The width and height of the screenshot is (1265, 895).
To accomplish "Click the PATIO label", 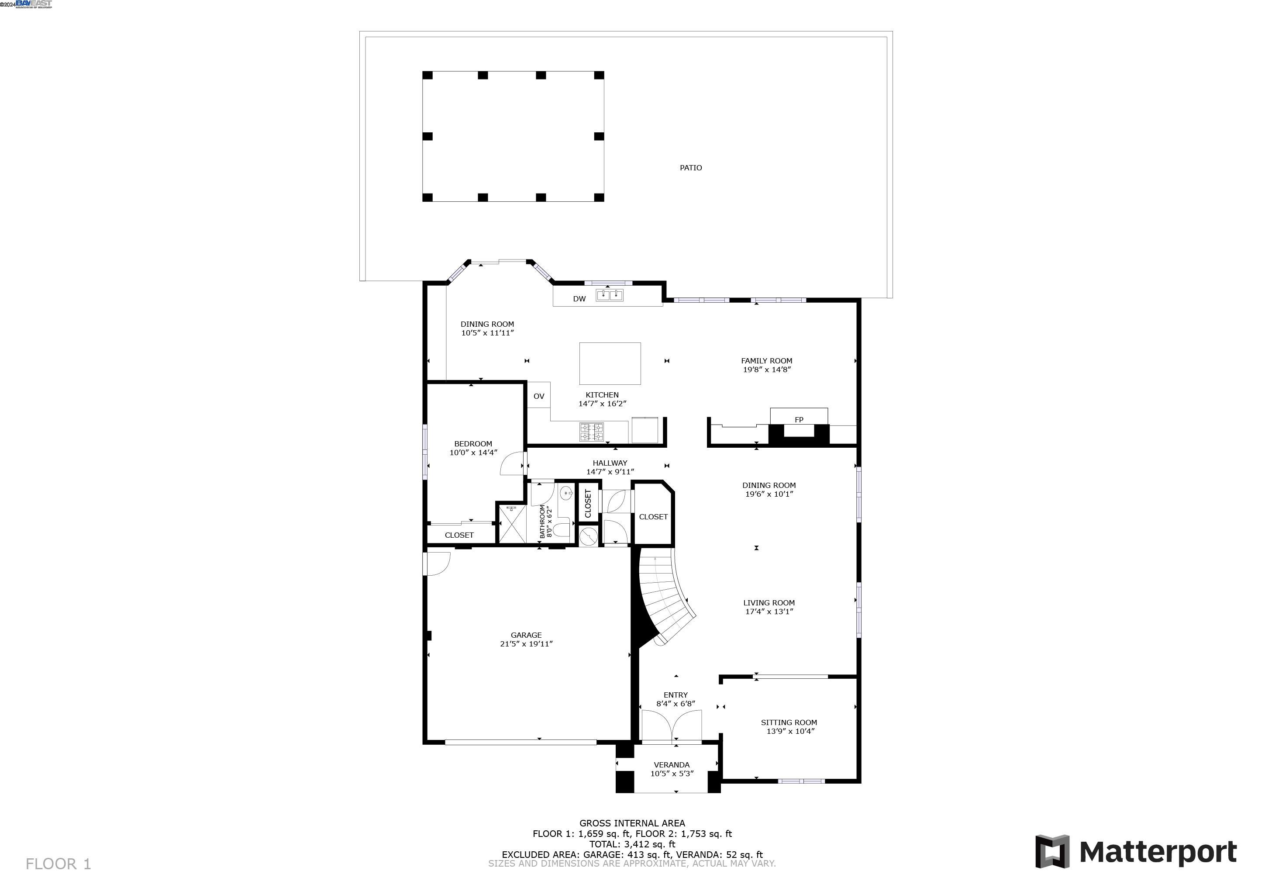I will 690,168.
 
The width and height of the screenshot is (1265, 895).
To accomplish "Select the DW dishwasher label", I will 579,299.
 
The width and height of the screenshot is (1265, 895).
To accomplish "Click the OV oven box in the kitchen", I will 539,396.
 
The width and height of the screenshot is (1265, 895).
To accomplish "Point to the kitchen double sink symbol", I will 610,295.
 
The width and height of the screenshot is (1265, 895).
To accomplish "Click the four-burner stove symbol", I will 591,432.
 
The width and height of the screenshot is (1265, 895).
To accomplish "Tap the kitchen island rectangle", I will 610,363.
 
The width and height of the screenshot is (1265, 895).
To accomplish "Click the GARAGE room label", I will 526,635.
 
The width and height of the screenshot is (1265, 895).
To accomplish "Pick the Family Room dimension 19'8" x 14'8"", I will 766,370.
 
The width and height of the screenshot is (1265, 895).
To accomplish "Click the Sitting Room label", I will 789,722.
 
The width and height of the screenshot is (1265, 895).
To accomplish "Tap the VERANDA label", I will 671,764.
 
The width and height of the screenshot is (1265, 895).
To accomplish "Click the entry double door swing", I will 672,725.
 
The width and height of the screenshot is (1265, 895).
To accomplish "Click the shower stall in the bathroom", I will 511,524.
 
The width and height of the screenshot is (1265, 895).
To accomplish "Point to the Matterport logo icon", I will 1052,851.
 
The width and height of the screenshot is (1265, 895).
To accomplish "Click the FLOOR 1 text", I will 59,864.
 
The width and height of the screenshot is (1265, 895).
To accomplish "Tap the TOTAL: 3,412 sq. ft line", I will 632,844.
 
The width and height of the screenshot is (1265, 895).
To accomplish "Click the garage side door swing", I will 438,563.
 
